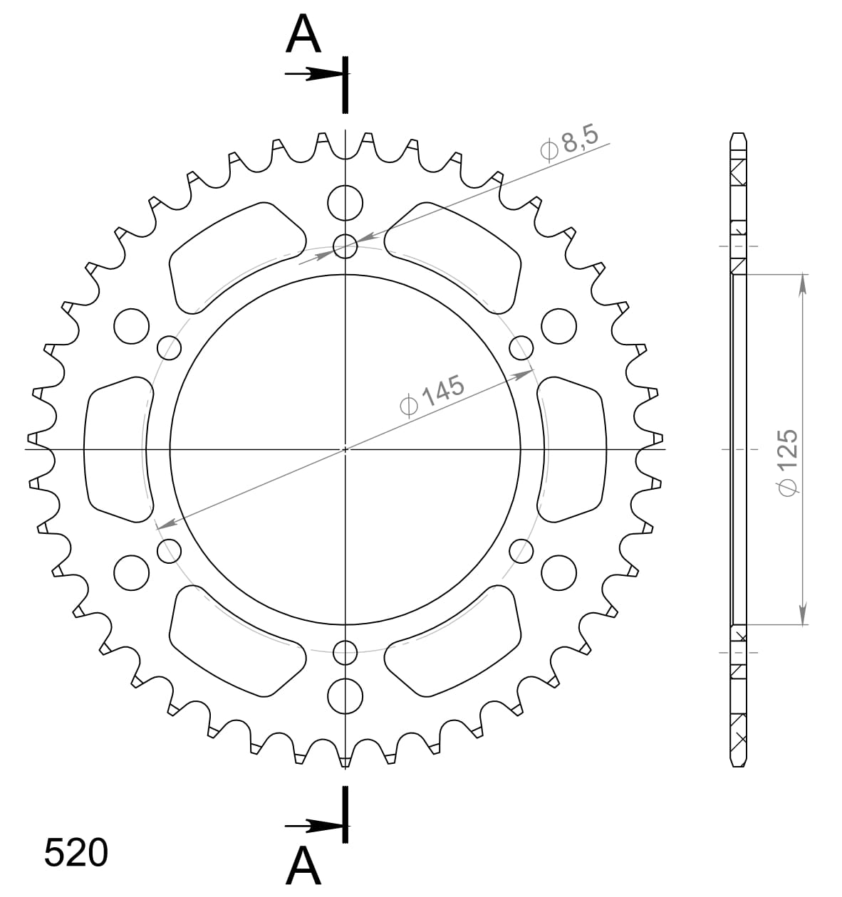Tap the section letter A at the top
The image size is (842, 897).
pyautogui.click(x=303, y=34)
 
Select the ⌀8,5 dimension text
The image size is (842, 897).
pyautogui.click(x=569, y=142)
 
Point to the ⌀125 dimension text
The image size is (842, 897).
pyautogui.click(x=788, y=461)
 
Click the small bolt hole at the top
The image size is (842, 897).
pyautogui.click(x=345, y=246)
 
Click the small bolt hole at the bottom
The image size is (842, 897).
pyautogui.click(x=345, y=653)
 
